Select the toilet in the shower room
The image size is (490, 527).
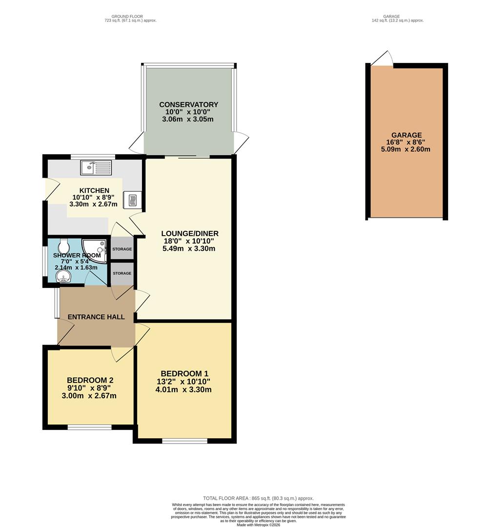point(64,244)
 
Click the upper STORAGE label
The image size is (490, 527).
point(122,249)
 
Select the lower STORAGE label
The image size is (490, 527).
point(122,273)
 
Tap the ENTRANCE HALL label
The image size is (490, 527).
point(96,317)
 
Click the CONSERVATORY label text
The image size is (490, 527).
point(188,105)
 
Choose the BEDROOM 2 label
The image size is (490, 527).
point(89,380)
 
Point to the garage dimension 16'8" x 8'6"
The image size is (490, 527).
point(407,142)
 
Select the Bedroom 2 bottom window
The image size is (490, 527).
point(89,427)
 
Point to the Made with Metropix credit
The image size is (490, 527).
point(258,524)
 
